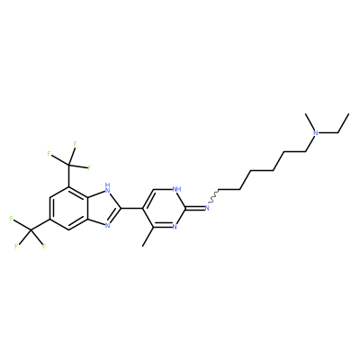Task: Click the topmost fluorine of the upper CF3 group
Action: (75, 144)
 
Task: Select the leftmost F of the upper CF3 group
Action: (49, 154)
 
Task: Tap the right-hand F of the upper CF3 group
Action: (89, 167)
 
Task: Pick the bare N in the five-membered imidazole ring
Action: (107, 226)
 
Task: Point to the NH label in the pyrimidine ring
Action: (177, 189)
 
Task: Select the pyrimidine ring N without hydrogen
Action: (175, 227)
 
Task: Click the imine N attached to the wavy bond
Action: (207, 208)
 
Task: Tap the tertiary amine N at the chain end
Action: (315, 133)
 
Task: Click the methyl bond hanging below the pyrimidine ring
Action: (148, 236)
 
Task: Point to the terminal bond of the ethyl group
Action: (343, 123)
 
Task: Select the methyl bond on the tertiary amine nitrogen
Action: (310, 122)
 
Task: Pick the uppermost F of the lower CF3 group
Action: (12, 219)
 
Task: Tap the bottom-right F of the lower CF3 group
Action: (44, 247)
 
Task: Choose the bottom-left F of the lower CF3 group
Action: (16, 247)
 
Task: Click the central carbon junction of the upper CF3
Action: (68, 164)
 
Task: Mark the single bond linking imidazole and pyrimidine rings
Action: (132, 208)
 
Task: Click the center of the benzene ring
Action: (68, 208)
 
